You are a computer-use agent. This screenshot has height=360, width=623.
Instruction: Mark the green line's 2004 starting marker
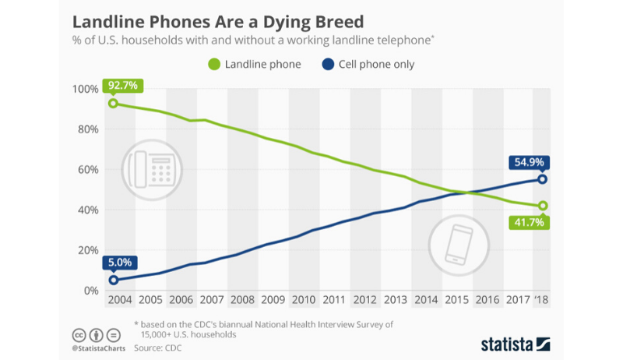(114, 104)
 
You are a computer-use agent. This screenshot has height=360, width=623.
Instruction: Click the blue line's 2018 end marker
(542, 179)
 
